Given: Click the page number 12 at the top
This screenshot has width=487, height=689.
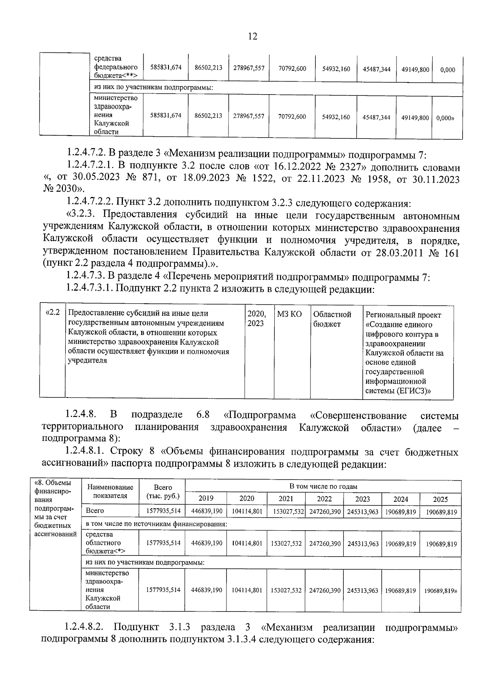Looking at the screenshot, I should coord(252,37).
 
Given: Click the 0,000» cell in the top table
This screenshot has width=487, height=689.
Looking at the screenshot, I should coord(445,118).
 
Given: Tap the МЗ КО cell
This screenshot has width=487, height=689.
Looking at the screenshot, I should coord(289,314).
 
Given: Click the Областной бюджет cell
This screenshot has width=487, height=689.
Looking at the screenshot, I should coord(332,319).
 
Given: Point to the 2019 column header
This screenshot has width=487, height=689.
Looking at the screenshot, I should coord(206,499).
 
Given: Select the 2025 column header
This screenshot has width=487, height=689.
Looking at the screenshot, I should coord(440,499).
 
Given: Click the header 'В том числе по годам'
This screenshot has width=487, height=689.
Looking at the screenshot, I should coord(323,486).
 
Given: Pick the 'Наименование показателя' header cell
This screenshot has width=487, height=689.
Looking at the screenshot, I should coord(110,491).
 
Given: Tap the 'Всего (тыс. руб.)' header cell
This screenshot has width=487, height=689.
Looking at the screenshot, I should coord(162,491).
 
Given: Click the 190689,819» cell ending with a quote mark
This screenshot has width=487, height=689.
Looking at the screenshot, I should coord(441,590).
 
